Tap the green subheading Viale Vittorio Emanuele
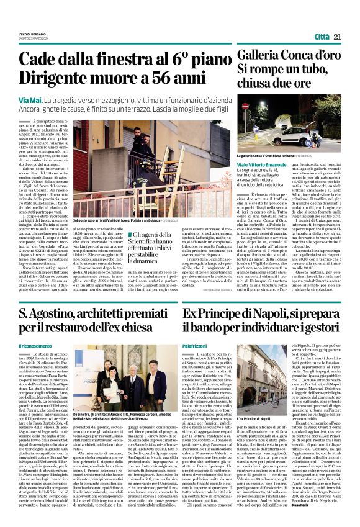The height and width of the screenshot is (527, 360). coord(264,163)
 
